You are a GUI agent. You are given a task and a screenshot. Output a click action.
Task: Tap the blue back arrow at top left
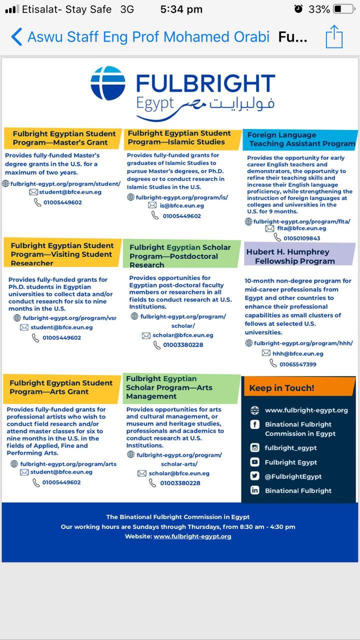click(x=16, y=36)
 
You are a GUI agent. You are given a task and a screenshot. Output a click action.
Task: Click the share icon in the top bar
click(x=334, y=36)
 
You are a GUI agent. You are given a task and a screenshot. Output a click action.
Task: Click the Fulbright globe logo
click(x=108, y=83)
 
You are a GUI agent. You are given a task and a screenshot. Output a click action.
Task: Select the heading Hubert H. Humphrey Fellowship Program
click(x=294, y=256)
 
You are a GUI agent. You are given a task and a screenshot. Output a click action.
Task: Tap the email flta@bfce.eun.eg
click(x=301, y=228)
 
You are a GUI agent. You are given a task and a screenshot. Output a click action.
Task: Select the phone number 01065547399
click(x=297, y=364)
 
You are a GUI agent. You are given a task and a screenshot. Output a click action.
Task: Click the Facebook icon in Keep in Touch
click(x=255, y=425)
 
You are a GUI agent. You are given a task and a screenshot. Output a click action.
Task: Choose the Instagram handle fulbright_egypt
click(x=290, y=448)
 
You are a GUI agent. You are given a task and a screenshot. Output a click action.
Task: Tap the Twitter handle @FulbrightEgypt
click(x=293, y=476)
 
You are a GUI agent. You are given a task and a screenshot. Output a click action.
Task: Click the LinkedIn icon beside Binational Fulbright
click(x=255, y=490)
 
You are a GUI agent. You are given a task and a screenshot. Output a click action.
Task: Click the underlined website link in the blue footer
click(x=192, y=536)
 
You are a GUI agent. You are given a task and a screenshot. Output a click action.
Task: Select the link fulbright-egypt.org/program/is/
click(x=181, y=197)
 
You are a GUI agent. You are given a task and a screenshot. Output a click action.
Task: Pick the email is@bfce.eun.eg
click(x=181, y=205)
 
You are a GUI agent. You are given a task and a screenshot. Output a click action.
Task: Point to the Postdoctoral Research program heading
click(x=180, y=256)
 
